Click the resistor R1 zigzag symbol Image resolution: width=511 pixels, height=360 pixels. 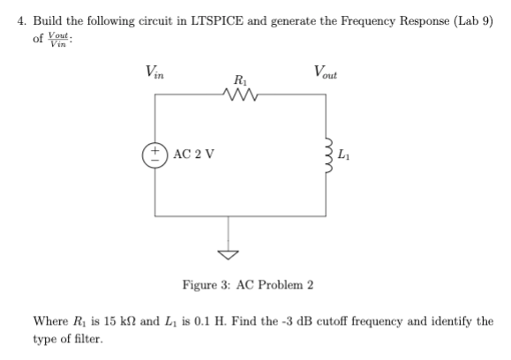(x=240, y=94)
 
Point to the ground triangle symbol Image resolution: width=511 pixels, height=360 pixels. (x=230, y=256)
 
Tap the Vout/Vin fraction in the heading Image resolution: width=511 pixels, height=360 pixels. (x=61, y=40)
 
